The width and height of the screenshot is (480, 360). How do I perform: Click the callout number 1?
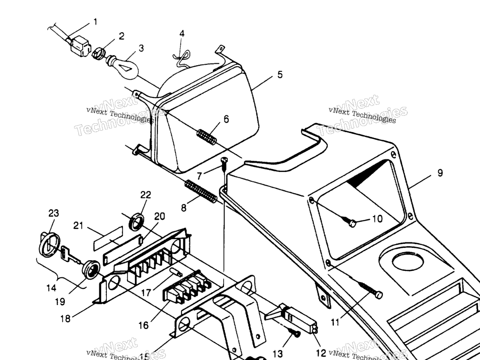coord(96,22)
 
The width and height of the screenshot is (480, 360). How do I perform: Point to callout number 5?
coord(280,75)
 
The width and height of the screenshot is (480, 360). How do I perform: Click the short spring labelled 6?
coord(207,136)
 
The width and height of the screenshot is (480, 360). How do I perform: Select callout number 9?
coord(440,173)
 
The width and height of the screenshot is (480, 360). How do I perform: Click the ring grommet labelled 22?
coord(137,222)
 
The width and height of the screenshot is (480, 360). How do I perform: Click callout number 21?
coord(78,226)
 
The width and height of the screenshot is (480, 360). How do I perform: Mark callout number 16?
coord(143,325)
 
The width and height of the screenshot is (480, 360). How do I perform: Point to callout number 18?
coord(65,318)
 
